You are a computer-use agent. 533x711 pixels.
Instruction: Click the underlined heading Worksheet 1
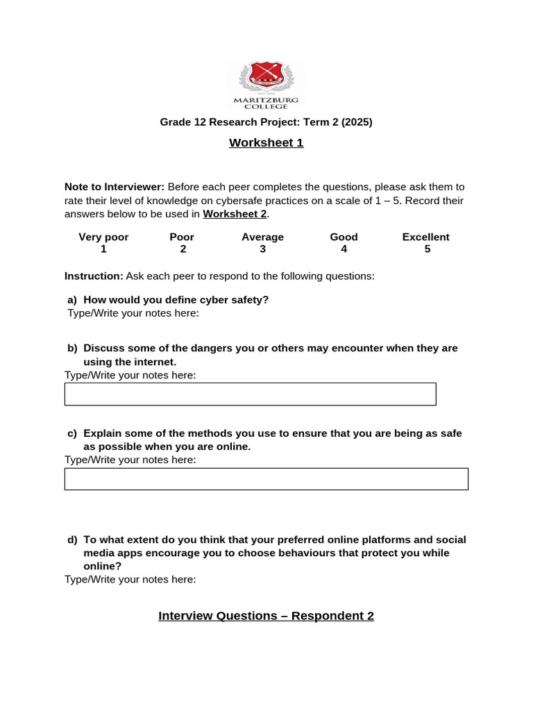coord(266,143)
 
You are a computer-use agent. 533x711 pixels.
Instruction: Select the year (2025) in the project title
coord(357,122)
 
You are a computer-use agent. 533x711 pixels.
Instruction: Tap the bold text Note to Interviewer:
coord(115,187)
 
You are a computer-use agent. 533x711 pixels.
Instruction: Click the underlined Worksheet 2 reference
coord(235,214)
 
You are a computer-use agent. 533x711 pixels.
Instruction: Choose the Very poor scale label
coord(103,237)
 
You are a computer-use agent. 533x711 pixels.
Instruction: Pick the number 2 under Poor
coord(183,249)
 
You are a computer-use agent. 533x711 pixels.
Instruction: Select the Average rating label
coord(262,237)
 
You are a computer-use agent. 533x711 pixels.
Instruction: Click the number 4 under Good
coord(344,249)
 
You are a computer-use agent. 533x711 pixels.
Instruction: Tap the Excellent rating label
coord(425,237)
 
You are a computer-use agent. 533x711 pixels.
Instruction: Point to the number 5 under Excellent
coord(427,249)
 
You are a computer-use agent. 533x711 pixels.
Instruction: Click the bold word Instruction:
coord(94,276)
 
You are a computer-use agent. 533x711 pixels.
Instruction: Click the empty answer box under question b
coord(250,394)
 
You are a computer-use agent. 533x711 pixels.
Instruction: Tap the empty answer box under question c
coord(266,479)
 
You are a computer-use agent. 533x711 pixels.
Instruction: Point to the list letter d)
coord(72,539)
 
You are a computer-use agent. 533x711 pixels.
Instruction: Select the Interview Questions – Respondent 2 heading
coord(266,616)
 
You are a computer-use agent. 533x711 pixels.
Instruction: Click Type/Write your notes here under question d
coord(130,579)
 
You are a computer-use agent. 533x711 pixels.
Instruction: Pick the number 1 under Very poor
coord(103,249)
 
